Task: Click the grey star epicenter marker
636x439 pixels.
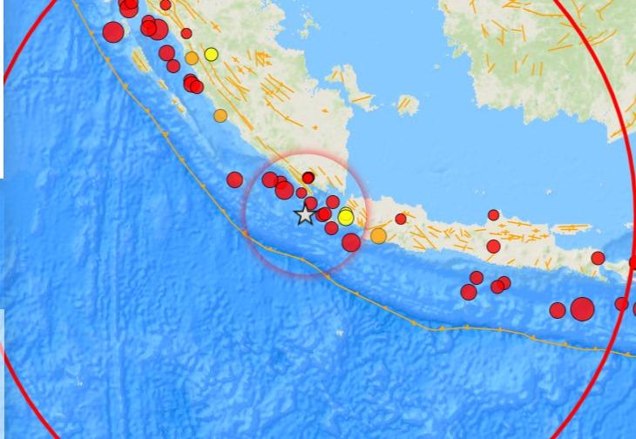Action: (304, 214)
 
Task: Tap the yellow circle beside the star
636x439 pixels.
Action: (346, 217)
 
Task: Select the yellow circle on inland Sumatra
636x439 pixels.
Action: (211, 54)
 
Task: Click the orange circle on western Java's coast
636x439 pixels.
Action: (378, 235)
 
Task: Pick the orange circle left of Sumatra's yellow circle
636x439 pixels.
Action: (192, 58)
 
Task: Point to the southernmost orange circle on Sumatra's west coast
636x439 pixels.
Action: (220, 115)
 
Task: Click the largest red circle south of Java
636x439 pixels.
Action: (582, 308)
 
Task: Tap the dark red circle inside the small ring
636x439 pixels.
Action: (308, 178)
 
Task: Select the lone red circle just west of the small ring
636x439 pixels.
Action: (234, 179)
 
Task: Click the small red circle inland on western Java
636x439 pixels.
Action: (401, 219)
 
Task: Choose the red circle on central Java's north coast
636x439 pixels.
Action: (493, 215)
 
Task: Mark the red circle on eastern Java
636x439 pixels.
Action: (598, 258)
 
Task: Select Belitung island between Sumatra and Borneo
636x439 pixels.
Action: (407, 105)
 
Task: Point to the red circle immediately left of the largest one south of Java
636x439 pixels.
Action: (558, 310)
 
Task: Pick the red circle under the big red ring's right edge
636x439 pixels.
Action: (621, 304)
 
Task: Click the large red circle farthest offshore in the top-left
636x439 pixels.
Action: (112, 33)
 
